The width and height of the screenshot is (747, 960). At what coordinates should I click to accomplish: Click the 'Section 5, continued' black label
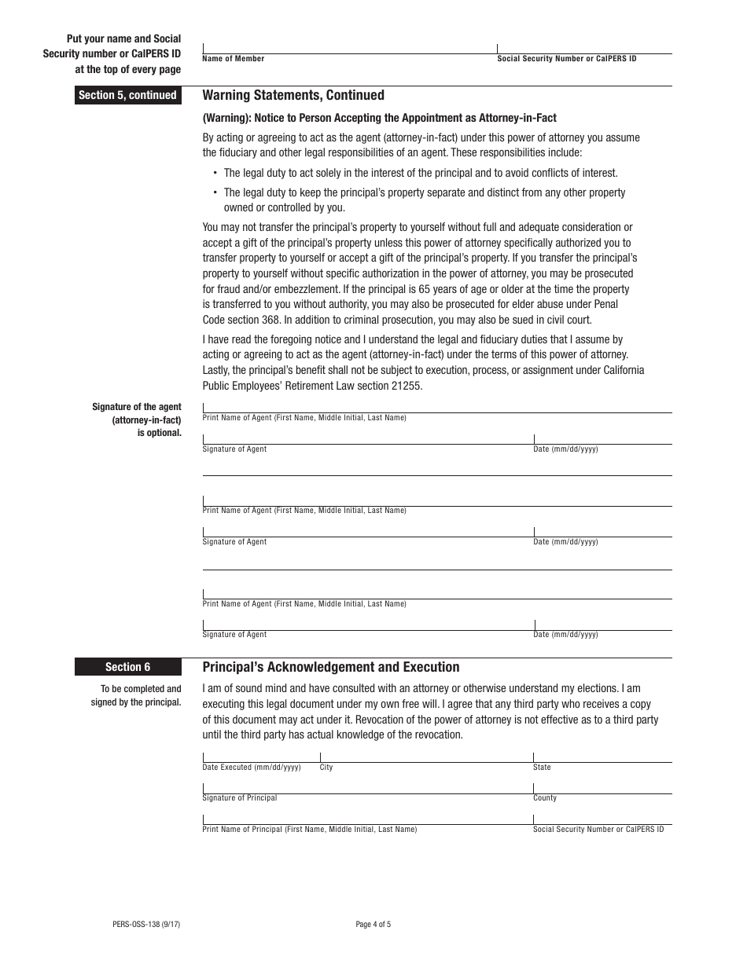(x=127, y=95)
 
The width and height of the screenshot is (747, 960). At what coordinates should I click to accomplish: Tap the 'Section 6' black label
(x=127, y=667)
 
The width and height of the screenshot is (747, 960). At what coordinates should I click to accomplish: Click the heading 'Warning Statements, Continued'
(x=293, y=95)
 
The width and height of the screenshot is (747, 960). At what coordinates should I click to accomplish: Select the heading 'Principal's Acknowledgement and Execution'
(x=331, y=667)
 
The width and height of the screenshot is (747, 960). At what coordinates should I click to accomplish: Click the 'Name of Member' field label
(x=234, y=59)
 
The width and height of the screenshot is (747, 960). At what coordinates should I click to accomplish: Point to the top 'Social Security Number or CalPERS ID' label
(x=567, y=59)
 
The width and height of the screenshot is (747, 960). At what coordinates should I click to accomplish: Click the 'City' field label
(x=326, y=768)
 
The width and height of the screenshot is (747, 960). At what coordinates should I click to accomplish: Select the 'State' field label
(x=542, y=768)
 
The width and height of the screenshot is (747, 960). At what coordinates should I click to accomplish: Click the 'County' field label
(x=544, y=798)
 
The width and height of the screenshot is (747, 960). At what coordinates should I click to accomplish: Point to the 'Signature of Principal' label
(x=240, y=798)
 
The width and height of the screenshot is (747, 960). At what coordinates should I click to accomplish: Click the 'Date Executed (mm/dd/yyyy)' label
(x=252, y=768)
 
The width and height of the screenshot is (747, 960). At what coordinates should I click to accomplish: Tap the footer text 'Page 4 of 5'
(x=373, y=925)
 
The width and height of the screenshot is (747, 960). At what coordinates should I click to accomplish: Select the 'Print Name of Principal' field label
(x=310, y=830)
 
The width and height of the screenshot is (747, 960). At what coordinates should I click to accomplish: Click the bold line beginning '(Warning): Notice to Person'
(x=379, y=118)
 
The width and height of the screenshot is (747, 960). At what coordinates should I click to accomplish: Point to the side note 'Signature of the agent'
(x=137, y=407)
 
